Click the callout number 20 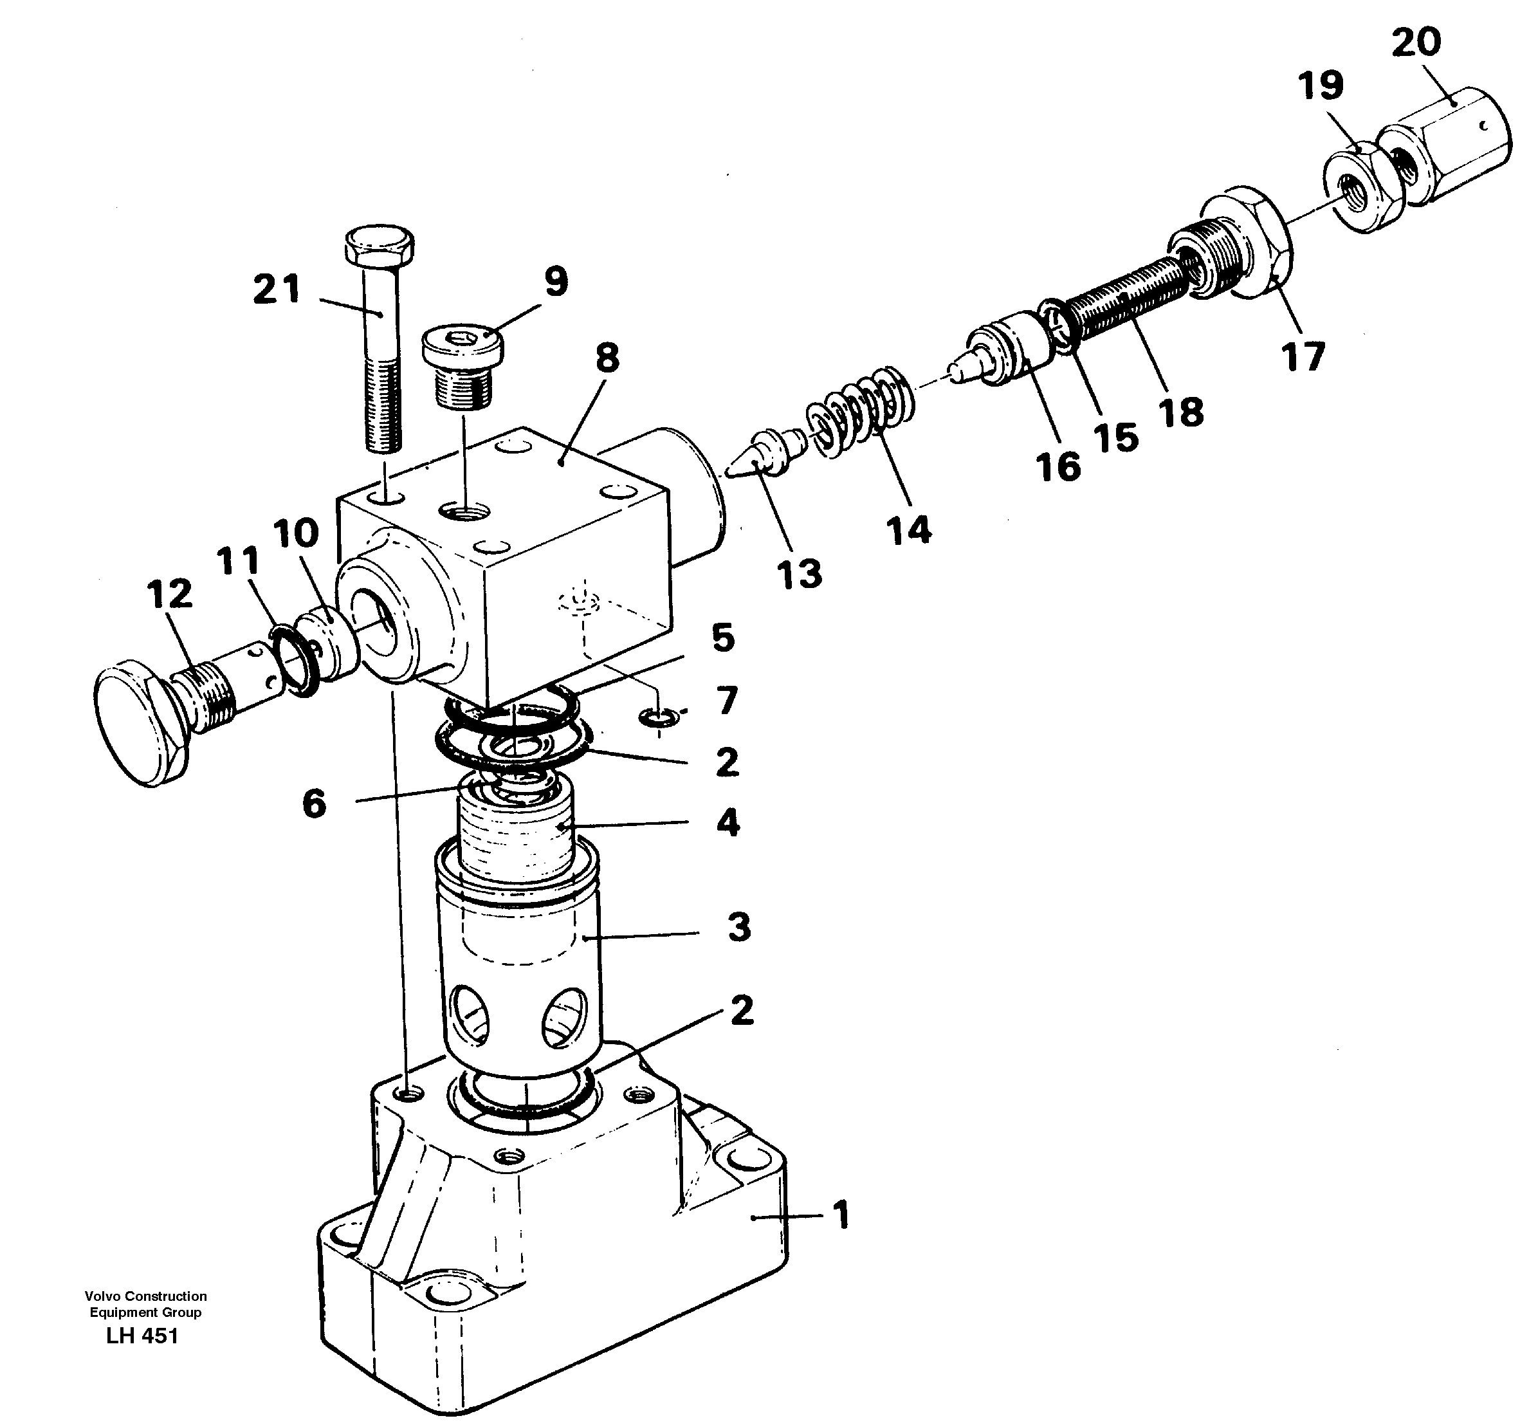(1415, 42)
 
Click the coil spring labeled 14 (861, 412)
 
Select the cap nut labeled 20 (1446, 146)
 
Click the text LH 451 (142, 1336)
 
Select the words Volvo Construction (145, 1296)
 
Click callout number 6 (314, 804)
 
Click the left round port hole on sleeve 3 (471, 1015)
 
